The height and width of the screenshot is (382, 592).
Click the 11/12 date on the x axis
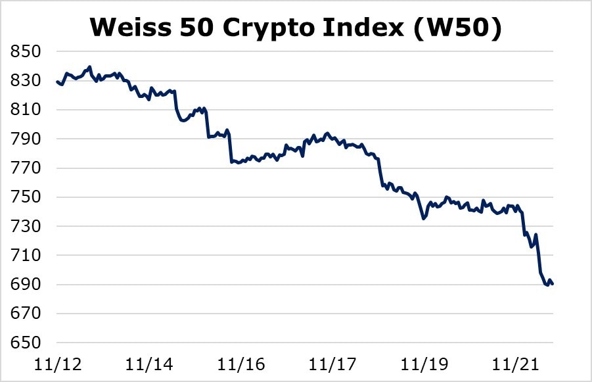tap(57, 364)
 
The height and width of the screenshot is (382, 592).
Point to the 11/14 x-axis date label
tap(149, 364)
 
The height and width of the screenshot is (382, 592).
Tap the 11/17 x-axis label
tap(332, 364)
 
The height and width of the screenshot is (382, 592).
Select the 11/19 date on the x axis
tap(424, 364)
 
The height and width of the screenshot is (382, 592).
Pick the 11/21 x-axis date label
tap(516, 364)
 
